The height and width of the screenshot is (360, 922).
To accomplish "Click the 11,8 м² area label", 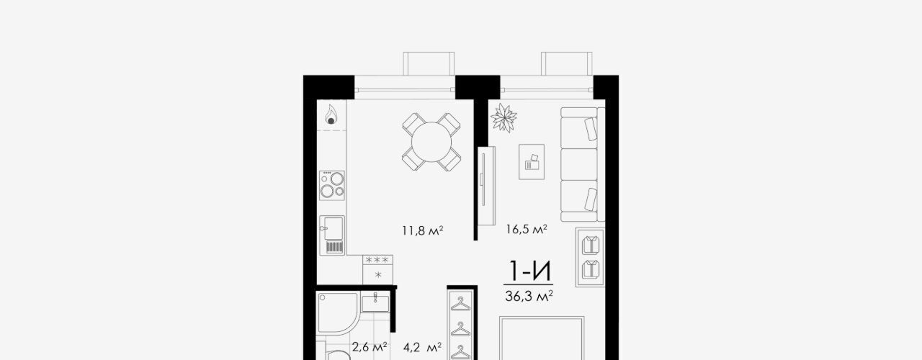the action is tap(422, 230).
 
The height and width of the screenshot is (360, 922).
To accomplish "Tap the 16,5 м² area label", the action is tap(527, 229).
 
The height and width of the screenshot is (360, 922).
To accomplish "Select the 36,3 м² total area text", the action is tap(529, 296).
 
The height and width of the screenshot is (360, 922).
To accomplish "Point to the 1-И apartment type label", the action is tap(529, 271).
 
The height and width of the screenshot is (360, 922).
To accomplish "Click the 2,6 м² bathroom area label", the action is tap(370, 347).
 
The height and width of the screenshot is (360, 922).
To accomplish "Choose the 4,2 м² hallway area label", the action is tap(422, 348).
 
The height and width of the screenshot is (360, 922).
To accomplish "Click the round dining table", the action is tap(431, 142).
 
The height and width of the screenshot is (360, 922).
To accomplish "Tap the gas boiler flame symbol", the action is tap(331, 114).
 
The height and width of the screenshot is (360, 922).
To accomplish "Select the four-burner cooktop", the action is tap(332, 186).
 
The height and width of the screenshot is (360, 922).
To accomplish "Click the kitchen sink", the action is tap(332, 235).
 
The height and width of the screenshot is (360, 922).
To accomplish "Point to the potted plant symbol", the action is tap(503, 117).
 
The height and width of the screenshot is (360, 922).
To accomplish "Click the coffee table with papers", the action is tap(532, 162).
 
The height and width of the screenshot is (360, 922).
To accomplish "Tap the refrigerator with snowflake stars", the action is tap(377, 269).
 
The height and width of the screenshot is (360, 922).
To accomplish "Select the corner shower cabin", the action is tap(338, 313).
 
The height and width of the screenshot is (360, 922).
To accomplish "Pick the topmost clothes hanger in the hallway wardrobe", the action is tap(460, 305).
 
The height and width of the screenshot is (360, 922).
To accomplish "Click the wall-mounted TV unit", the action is tap(486, 186).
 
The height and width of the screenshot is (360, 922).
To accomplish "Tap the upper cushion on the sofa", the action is tap(591, 129).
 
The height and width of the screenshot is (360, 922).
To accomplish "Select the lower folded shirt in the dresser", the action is tap(590, 269).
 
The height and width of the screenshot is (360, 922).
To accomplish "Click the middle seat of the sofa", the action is tap(578, 165).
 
